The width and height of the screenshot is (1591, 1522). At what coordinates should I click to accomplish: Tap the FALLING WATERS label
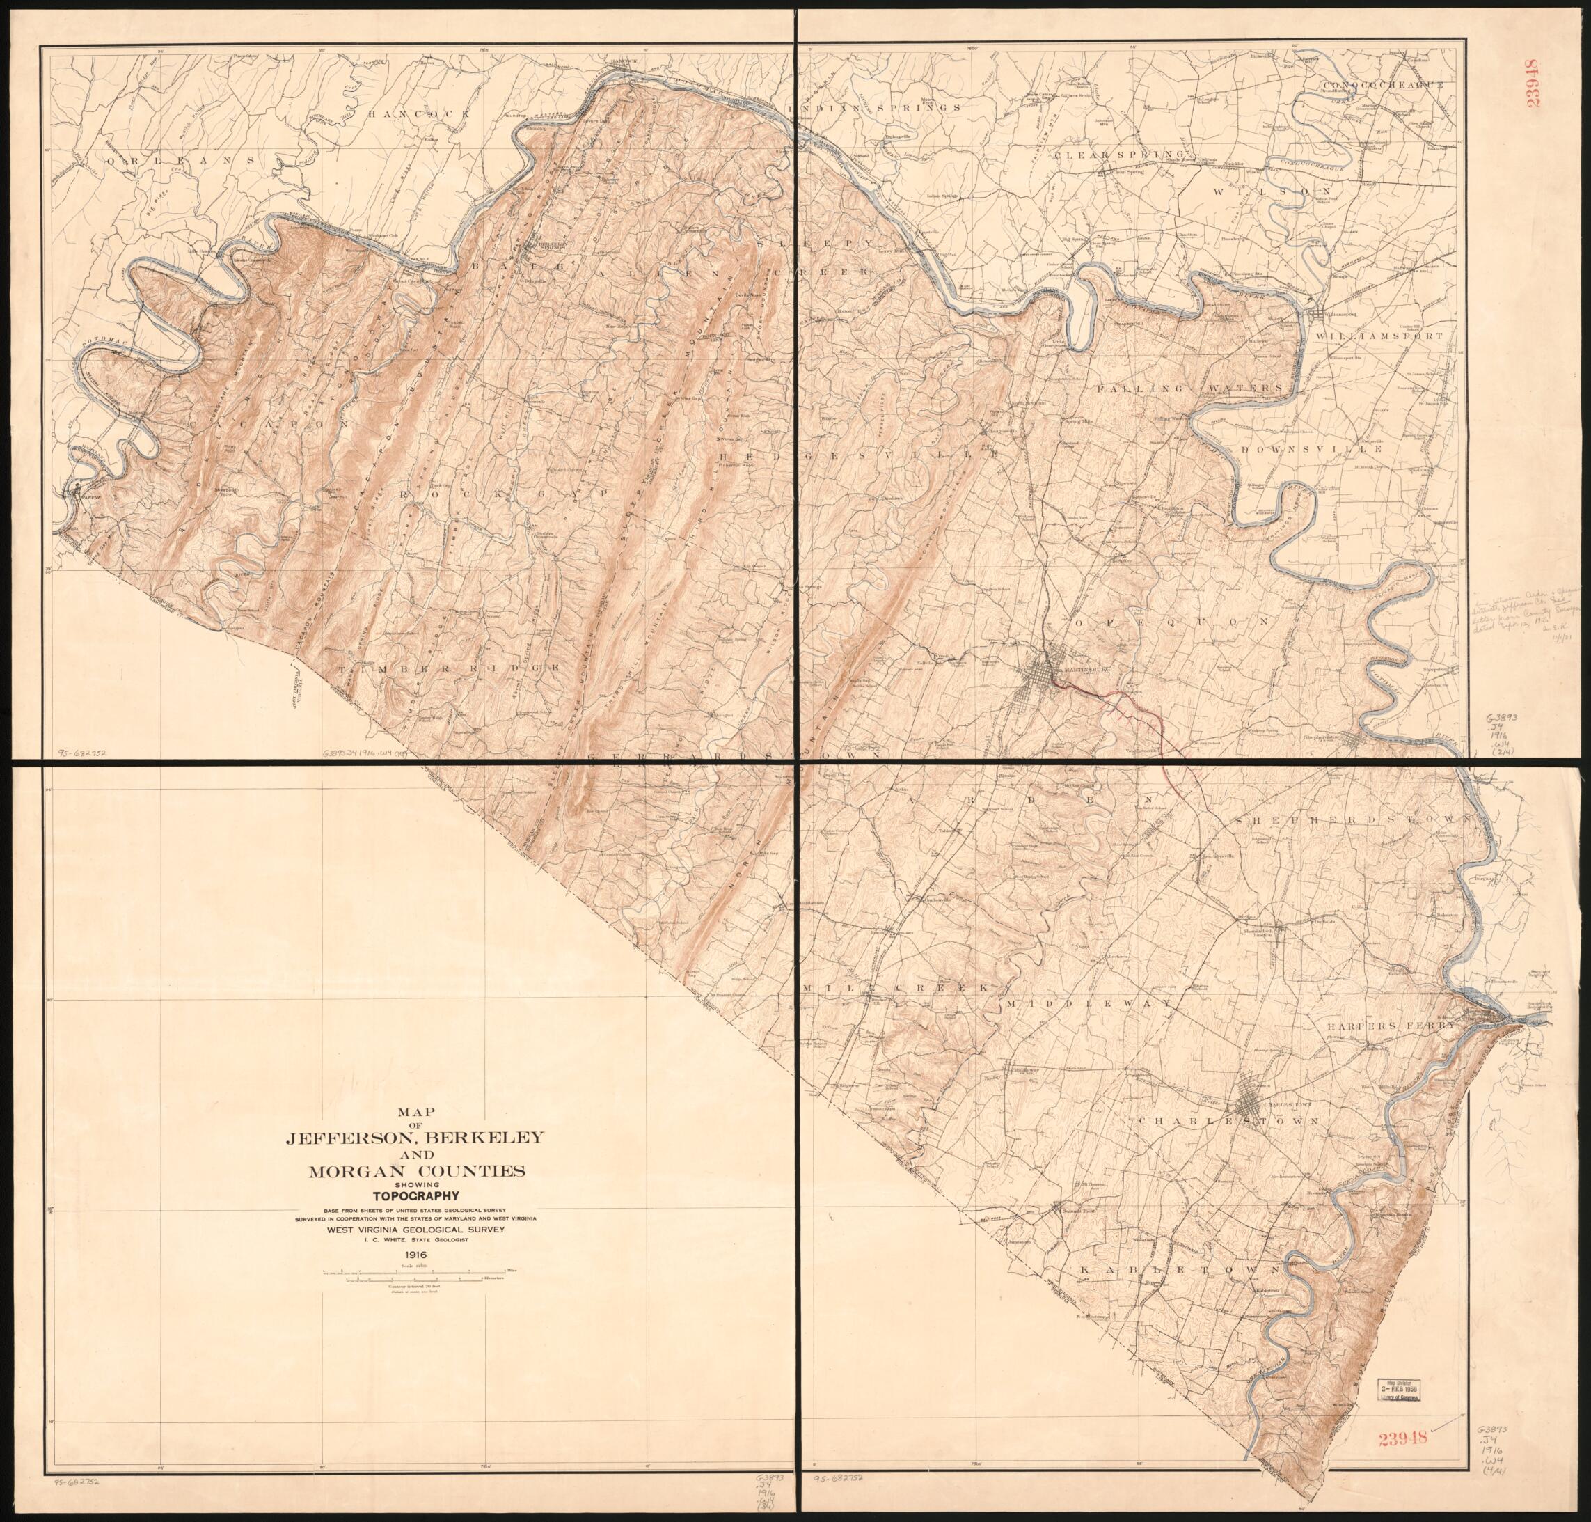[1189, 389]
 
